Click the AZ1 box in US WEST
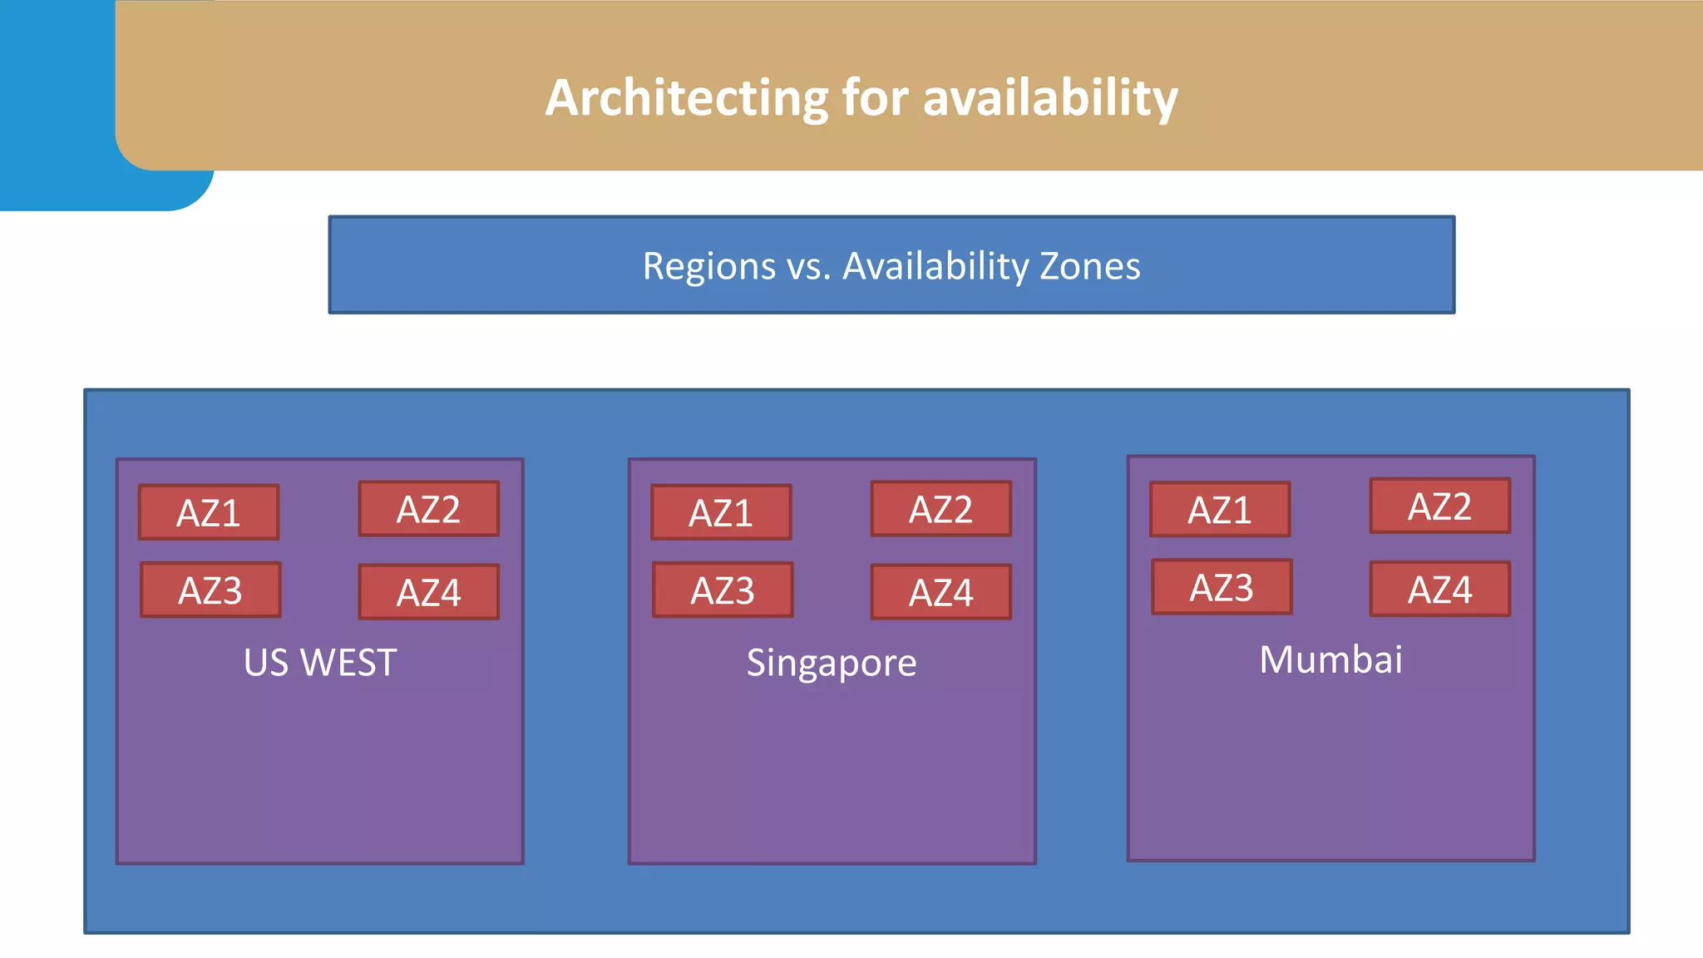[x=209, y=512]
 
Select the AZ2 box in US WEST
[x=428, y=509]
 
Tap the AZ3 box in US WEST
[x=210, y=590]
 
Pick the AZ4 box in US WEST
[x=428, y=592]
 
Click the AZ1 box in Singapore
[x=721, y=512]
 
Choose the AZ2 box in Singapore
[x=940, y=509]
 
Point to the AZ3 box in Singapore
[x=723, y=590]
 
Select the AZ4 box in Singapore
[x=940, y=592]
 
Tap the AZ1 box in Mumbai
[x=1220, y=509]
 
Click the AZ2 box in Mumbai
[x=1439, y=506]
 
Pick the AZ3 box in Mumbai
[x=1222, y=586]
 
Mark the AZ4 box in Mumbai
[x=1439, y=589]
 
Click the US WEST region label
[x=320, y=663]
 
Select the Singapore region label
[x=832, y=663]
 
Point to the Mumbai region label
[x=1330, y=659]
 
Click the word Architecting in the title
[x=686, y=98]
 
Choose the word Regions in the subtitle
[x=709, y=266]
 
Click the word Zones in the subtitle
[x=1089, y=266]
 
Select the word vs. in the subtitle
[x=809, y=266]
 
